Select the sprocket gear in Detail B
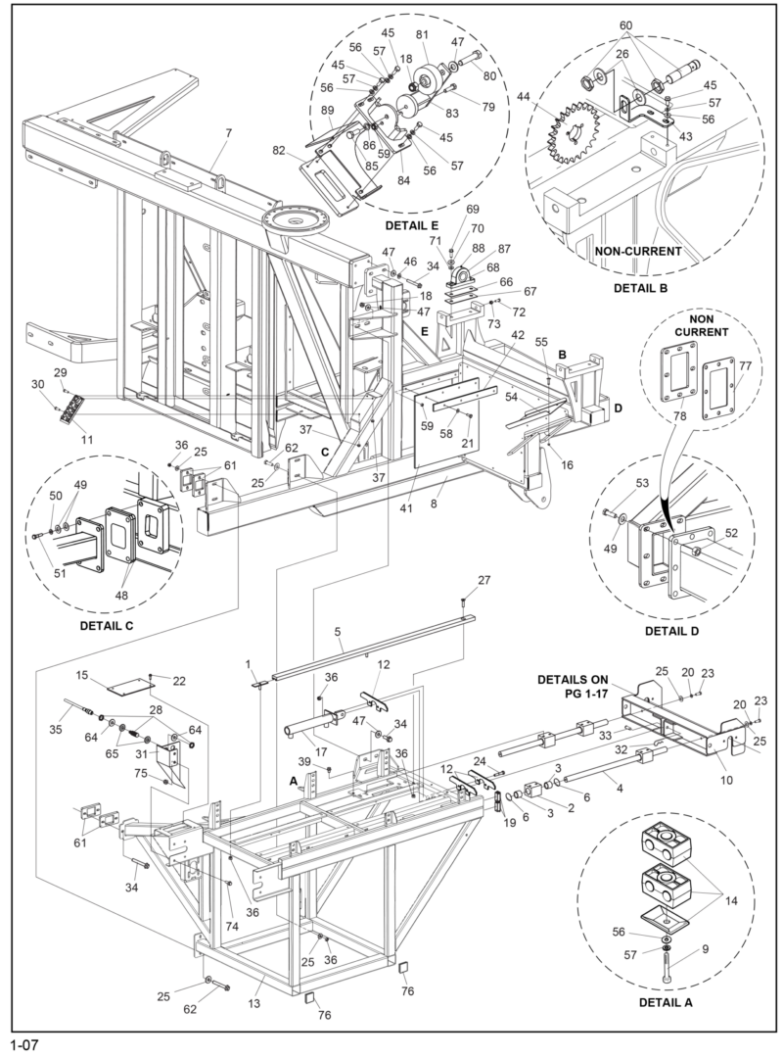pos(571,137)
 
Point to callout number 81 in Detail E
pos(423,35)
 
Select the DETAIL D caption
pos(669,630)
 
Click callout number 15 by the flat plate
pos(82,677)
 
